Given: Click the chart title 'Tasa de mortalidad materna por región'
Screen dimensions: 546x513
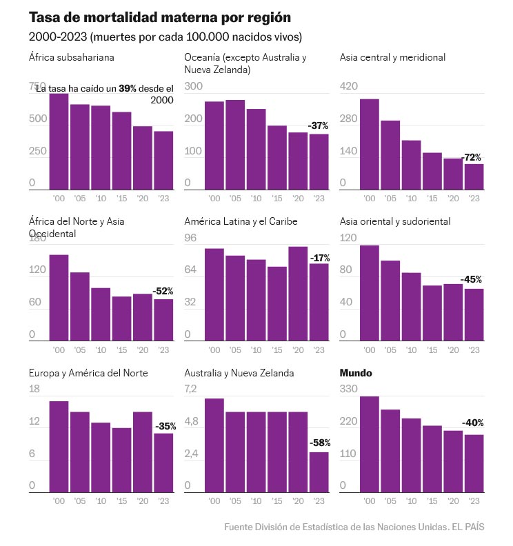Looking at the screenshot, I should (160, 17).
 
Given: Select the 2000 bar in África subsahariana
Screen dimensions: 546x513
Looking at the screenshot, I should (59, 141).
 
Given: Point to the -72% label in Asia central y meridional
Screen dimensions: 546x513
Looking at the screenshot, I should (472, 157).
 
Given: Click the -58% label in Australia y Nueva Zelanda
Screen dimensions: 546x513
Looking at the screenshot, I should (319, 442).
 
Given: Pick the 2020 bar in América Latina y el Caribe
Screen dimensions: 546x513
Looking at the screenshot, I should (299, 294).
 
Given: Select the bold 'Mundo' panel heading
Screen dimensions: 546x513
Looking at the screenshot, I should (356, 373).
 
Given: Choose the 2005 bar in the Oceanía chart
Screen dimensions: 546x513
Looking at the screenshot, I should (236, 145).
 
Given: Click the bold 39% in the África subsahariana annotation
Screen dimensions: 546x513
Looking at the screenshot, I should (128, 88).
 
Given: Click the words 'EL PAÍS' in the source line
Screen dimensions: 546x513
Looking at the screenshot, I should (469, 527).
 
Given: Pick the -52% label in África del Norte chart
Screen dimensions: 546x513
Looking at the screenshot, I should (163, 291).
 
